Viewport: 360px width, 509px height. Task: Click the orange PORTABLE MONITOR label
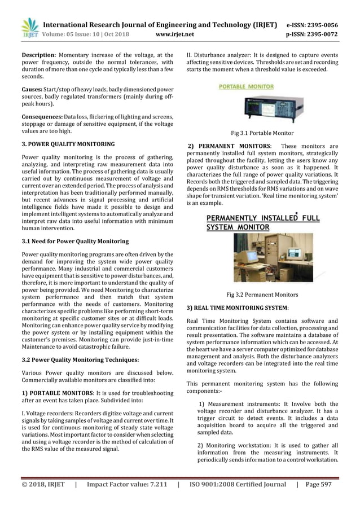246,87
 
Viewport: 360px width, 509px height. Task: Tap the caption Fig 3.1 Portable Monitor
262,133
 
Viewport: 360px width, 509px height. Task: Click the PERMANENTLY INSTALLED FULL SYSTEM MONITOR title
262,222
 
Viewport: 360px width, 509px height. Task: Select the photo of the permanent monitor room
265,257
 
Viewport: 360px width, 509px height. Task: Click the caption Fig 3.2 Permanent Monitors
262,295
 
